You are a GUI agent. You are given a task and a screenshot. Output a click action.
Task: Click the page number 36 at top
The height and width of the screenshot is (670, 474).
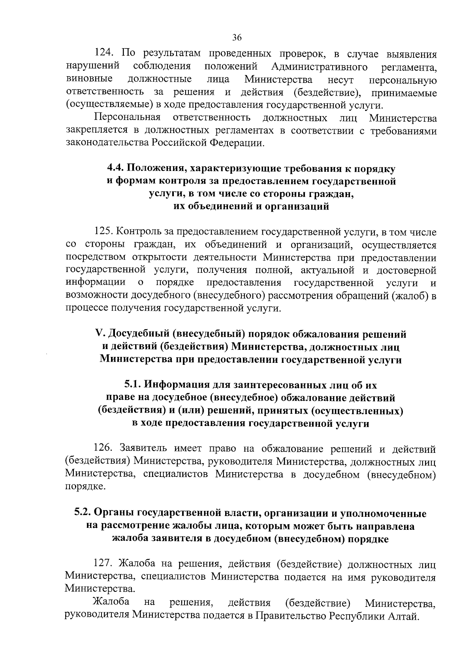pyautogui.click(x=237, y=38)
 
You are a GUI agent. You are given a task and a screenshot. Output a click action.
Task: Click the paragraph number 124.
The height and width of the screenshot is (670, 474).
pyautogui.click(x=105, y=53)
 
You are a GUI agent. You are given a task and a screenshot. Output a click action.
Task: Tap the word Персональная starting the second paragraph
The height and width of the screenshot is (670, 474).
pyautogui.click(x=127, y=118)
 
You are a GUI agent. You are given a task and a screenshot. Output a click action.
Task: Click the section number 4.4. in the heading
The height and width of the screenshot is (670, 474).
pyautogui.click(x=116, y=168)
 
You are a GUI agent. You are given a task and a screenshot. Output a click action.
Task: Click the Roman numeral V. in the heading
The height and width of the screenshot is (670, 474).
pyautogui.click(x=100, y=334)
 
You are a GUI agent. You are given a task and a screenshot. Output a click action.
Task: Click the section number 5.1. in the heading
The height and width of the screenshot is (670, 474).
pyautogui.click(x=133, y=385)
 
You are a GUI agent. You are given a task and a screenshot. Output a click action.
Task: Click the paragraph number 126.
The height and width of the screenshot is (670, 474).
pyautogui.click(x=105, y=449)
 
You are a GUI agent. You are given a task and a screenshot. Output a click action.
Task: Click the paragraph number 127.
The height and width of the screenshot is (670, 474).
pyautogui.click(x=105, y=564)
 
